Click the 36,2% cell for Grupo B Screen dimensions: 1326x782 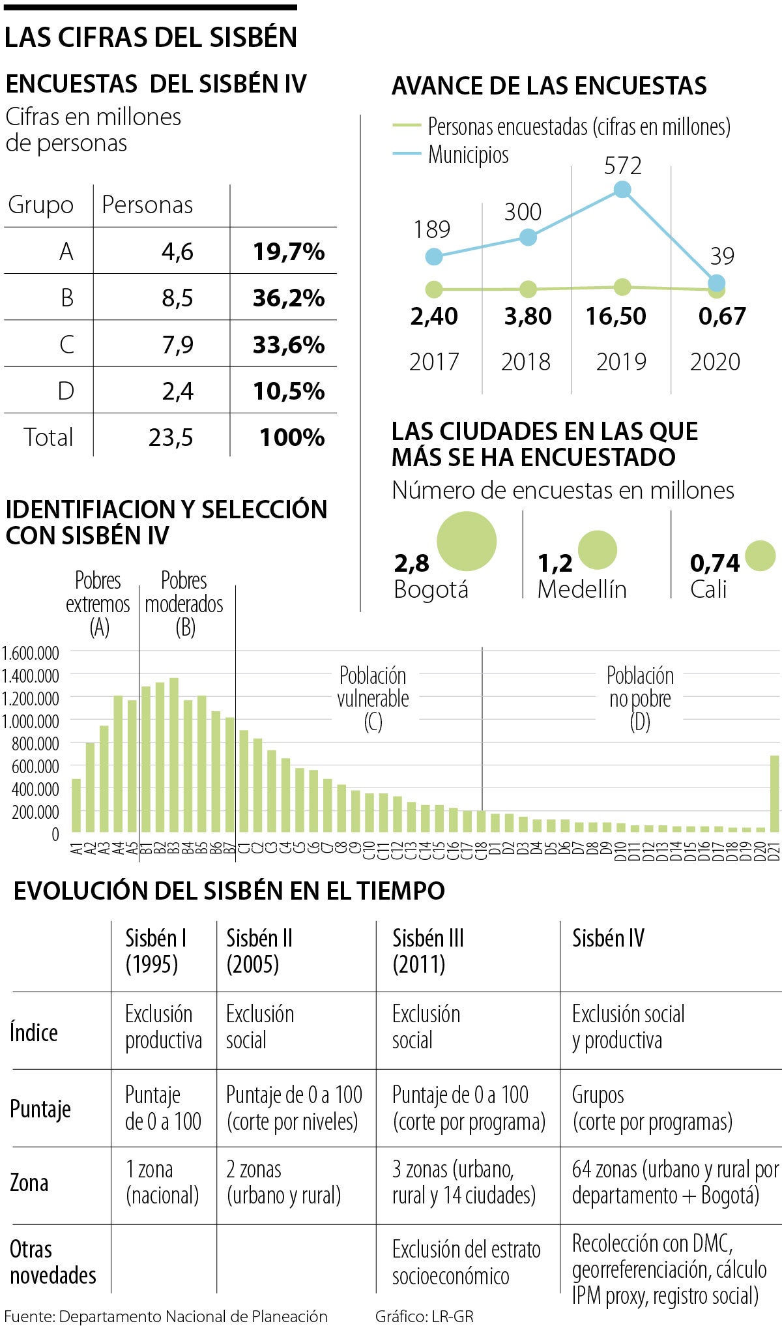coord(288,298)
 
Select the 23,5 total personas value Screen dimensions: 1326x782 coord(171,437)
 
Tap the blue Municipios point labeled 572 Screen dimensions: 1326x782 coord(622,190)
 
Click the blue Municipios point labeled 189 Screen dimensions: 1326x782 coord(433,257)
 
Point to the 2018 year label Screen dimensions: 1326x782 coord(525,362)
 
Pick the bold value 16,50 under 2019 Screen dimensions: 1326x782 coord(616,316)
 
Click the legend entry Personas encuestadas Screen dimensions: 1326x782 coord(579,126)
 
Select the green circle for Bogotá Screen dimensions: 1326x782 coord(467,541)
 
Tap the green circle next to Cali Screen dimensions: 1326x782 coord(760,556)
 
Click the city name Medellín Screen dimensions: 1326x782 coord(582,589)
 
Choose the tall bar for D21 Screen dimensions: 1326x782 coord(774,793)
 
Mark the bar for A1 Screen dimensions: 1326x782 coord(76,805)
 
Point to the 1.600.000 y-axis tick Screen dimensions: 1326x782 coord(31,653)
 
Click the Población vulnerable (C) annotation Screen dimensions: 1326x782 coord(373,699)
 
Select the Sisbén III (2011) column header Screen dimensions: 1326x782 coord(428,951)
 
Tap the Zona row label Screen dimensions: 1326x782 coord(29,1183)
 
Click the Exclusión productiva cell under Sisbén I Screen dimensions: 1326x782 coord(163,1027)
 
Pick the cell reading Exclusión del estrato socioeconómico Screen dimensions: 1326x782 coord(466,1263)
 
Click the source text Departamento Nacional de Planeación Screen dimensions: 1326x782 coord(193,1316)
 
